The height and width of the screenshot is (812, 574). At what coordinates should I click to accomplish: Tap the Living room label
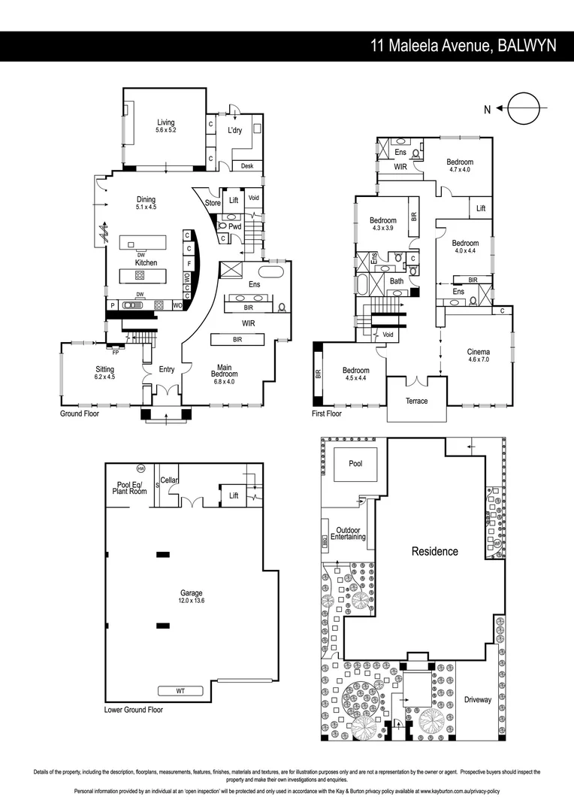pyautogui.click(x=165, y=123)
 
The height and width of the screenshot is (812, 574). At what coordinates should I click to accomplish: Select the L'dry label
pyautogui.click(x=235, y=130)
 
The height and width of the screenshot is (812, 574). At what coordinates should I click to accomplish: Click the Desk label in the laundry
pyautogui.click(x=246, y=166)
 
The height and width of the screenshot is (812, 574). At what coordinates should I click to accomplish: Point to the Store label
pyautogui.click(x=213, y=202)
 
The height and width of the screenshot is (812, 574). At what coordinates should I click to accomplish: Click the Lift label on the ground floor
pyautogui.click(x=234, y=200)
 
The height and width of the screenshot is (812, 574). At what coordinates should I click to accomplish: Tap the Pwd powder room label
pyautogui.click(x=234, y=226)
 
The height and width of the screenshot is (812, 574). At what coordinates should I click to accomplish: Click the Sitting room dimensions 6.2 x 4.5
pyautogui.click(x=105, y=377)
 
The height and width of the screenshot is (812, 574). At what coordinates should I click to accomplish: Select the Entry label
pyautogui.click(x=166, y=369)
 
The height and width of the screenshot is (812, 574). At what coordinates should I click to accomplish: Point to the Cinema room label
pyautogui.click(x=479, y=352)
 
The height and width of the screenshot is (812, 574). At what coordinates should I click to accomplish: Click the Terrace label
pyautogui.click(x=416, y=401)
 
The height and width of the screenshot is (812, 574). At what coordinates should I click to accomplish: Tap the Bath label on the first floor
pyautogui.click(x=397, y=281)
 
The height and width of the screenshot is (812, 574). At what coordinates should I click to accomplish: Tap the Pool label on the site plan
pyautogui.click(x=355, y=464)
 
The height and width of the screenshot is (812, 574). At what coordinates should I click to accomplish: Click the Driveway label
pyautogui.click(x=477, y=699)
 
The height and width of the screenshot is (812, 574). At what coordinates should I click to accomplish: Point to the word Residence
pyautogui.click(x=434, y=551)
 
